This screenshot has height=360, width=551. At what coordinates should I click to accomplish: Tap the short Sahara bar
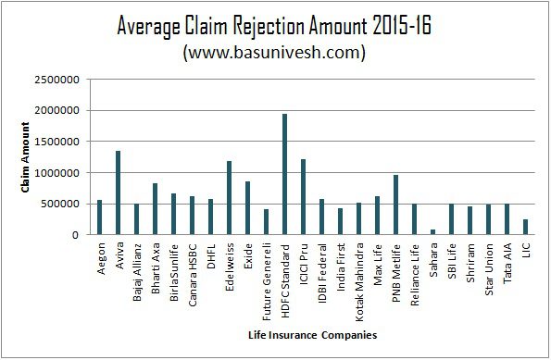[432, 231]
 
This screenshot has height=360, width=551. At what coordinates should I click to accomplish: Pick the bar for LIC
[525, 227]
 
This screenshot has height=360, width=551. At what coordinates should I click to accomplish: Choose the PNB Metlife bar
[395, 205]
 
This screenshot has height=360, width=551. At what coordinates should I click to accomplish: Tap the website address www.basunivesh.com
[274, 53]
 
